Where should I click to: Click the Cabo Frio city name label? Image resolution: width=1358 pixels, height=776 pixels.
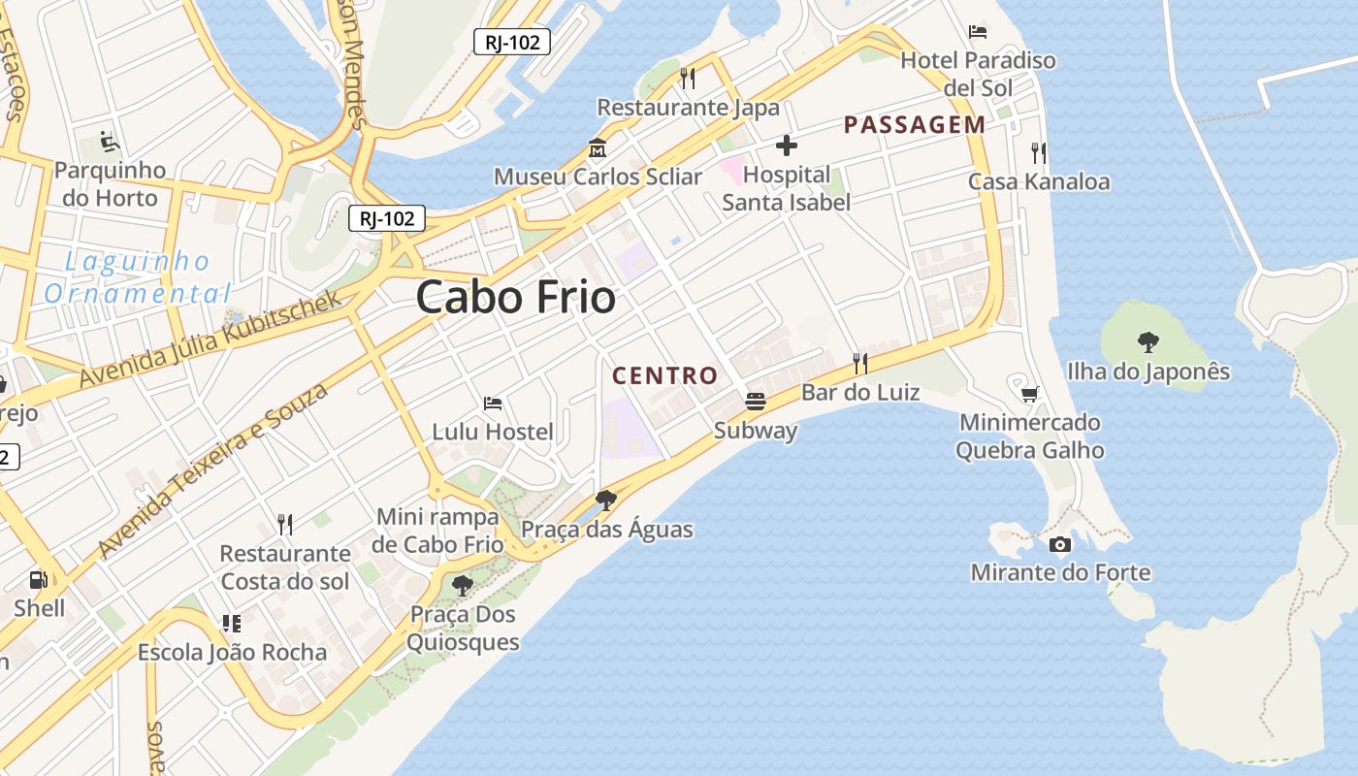515,297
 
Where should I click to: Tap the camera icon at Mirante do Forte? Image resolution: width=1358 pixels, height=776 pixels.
1060,544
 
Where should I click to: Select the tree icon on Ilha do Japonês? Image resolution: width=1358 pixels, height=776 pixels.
1148,341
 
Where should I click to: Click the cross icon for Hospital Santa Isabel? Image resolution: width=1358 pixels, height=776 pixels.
787,146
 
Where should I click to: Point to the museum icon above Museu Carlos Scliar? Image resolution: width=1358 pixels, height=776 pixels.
597,149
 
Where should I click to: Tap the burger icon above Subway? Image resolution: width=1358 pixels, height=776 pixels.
755,401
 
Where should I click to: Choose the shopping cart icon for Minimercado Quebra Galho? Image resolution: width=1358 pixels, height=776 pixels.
1029,394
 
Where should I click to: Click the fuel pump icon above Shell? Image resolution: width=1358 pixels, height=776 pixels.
39,580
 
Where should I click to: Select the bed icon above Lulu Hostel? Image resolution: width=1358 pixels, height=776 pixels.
493,403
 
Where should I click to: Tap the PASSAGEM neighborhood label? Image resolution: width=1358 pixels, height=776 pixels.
914,124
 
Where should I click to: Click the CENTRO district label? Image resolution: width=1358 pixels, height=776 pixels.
665,375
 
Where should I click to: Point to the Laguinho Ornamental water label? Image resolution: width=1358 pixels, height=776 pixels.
137,277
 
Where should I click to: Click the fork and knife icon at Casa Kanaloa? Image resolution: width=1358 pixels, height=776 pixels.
1039,152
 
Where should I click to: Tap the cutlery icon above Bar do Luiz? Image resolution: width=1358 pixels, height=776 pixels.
859,364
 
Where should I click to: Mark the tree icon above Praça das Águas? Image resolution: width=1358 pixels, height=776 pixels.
606,501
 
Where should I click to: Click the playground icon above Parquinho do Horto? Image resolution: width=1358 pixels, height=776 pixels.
110,143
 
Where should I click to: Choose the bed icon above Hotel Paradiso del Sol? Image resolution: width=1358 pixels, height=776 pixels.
978,32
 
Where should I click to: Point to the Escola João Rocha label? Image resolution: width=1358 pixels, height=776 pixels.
232,652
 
